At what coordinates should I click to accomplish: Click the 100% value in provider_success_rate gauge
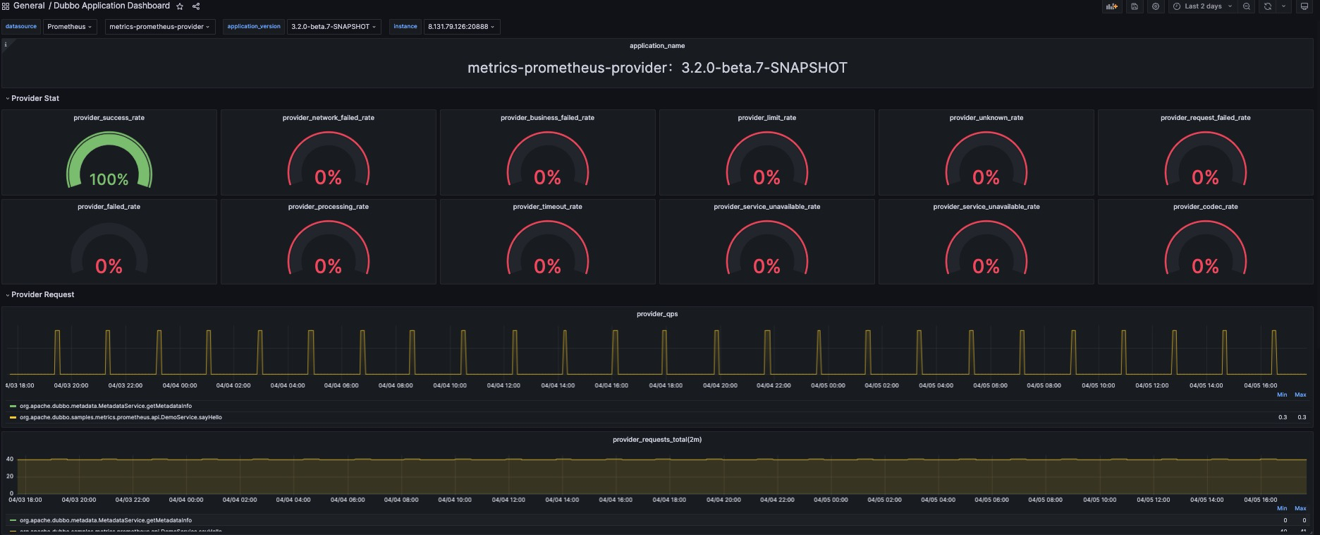coord(109,179)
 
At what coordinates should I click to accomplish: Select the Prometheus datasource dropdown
coord(69,27)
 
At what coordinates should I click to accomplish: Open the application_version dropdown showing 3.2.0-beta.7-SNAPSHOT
coord(333,27)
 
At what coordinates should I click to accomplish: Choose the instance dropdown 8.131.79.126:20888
coord(460,27)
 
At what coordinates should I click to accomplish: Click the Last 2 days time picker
coord(1202,6)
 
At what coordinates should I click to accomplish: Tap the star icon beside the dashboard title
coord(180,6)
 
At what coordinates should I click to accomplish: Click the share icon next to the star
coord(196,6)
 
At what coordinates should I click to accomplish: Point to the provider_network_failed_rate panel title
coord(328,118)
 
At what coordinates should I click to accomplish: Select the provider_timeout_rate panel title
coord(547,207)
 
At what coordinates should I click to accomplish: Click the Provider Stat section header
coord(35,98)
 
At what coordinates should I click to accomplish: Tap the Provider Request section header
coord(42,294)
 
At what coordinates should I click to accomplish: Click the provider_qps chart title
coord(656,314)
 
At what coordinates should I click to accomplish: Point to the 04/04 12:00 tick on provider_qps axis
coord(503,385)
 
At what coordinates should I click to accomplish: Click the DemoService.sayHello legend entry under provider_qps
coord(121,417)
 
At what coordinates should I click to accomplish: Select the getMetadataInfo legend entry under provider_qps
coord(105,406)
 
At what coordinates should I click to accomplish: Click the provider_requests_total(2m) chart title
coord(656,440)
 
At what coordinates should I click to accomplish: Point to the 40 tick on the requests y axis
coord(10,459)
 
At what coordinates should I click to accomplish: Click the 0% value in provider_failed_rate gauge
coord(109,266)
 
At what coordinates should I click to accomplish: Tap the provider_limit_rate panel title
coord(766,118)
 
